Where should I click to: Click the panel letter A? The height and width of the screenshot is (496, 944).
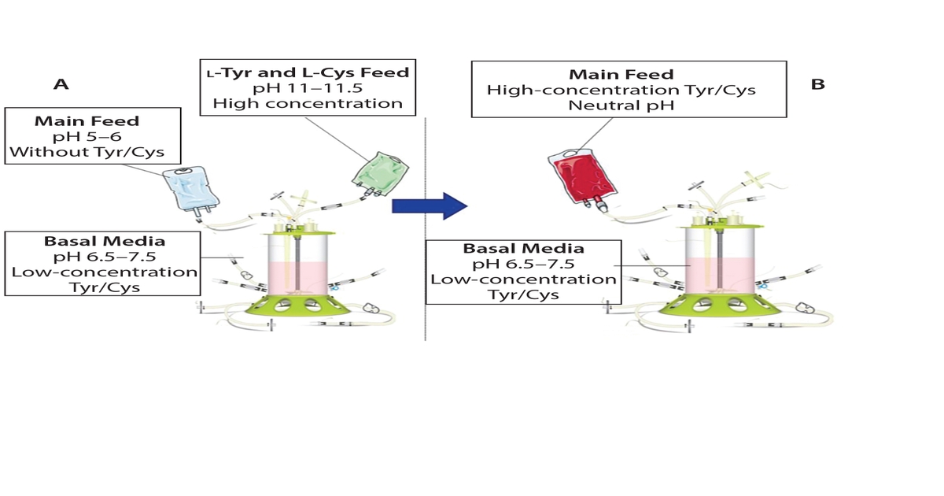(x=61, y=83)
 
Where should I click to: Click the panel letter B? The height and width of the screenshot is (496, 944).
(x=818, y=83)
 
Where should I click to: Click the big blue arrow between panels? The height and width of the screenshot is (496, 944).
(x=430, y=205)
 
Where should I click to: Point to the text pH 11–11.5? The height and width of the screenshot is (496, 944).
(x=308, y=87)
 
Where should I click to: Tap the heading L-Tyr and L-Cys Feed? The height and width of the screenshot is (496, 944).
(x=308, y=72)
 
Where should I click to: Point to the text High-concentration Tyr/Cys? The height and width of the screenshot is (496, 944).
(x=621, y=90)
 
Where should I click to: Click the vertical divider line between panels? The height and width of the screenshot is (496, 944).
(x=425, y=276)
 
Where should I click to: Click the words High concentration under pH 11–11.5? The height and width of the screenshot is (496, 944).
(x=308, y=103)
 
